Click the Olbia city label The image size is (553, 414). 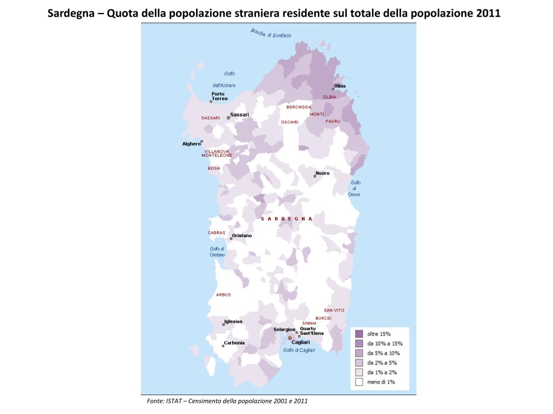[x=340, y=86]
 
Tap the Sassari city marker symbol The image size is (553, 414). [x=228, y=117]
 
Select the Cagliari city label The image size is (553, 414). [x=300, y=342]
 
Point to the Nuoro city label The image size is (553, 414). [x=322, y=173]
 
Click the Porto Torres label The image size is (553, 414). [x=219, y=96]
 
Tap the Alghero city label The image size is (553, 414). [x=191, y=144]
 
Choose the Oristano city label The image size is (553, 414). [x=241, y=236]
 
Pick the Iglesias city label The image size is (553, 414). [x=233, y=322]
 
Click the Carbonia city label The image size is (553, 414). [x=234, y=343]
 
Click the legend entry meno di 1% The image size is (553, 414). [x=381, y=382]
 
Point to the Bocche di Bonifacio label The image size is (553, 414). [x=271, y=33]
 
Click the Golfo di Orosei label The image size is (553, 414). [x=355, y=188]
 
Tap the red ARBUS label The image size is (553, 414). [x=223, y=295]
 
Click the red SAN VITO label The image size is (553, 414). [x=334, y=310]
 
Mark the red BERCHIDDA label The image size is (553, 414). [x=299, y=107]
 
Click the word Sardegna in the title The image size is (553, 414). [x=72, y=13]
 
